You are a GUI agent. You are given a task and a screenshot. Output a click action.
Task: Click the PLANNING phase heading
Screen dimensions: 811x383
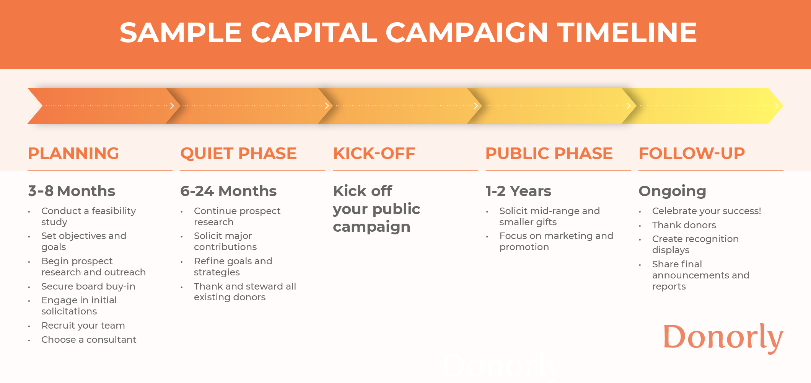(73, 153)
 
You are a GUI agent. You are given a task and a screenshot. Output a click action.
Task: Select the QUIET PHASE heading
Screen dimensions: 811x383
(239, 153)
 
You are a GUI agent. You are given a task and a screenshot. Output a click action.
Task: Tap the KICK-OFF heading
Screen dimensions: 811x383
(374, 153)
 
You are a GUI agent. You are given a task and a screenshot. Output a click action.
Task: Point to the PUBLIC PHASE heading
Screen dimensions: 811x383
(549, 153)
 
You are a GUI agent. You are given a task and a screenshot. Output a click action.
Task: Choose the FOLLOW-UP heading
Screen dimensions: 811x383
(692, 153)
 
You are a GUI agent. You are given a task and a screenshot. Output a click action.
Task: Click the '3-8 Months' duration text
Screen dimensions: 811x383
(72, 191)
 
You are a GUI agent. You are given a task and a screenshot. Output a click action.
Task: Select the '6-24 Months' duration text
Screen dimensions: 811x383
(228, 191)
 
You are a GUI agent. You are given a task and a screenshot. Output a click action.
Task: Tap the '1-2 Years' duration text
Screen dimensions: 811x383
(518, 191)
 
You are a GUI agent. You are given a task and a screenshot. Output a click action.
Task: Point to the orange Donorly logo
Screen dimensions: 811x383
(723, 337)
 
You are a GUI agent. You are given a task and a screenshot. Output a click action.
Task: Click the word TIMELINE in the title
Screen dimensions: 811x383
(627, 32)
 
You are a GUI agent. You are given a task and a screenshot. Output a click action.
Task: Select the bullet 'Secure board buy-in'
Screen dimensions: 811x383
(88, 286)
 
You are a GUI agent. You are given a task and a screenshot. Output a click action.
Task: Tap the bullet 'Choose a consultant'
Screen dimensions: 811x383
(89, 340)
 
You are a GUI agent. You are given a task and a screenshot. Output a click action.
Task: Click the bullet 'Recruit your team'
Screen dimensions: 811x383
(83, 326)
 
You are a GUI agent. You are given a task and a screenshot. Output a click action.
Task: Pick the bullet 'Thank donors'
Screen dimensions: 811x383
(684, 225)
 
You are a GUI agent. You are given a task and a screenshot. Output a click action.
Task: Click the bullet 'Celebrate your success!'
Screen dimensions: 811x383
(707, 211)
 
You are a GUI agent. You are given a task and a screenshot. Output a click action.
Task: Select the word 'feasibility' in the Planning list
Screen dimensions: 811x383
(114, 211)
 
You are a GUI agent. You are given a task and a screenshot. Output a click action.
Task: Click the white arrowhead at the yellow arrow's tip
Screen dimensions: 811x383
(777, 106)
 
